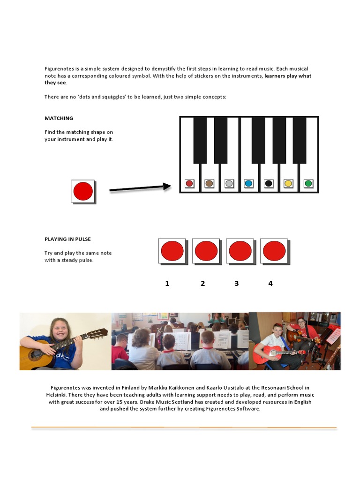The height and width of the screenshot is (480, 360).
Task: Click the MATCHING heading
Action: click(59, 118)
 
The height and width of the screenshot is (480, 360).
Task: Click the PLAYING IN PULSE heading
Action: click(67, 239)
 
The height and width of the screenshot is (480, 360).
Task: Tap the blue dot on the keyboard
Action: click(248, 183)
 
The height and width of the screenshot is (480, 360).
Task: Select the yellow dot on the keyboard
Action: click(288, 183)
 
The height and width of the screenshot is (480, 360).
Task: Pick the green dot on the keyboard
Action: click(308, 183)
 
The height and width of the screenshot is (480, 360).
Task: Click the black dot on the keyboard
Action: click(268, 183)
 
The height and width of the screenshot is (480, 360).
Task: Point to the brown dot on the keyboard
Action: click(209, 183)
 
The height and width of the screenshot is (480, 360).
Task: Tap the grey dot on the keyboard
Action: click(229, 183)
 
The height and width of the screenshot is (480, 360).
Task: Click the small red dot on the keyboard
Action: click(189, 183)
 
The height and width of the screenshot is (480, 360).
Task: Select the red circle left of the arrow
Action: click(83, 191)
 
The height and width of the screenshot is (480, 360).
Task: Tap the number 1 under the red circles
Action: click(167, 284)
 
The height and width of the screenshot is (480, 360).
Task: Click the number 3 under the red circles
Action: click(236, 284)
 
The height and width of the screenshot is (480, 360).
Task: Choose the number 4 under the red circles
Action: click(270, 284)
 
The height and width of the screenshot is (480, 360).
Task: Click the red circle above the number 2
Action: click(206, 251)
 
